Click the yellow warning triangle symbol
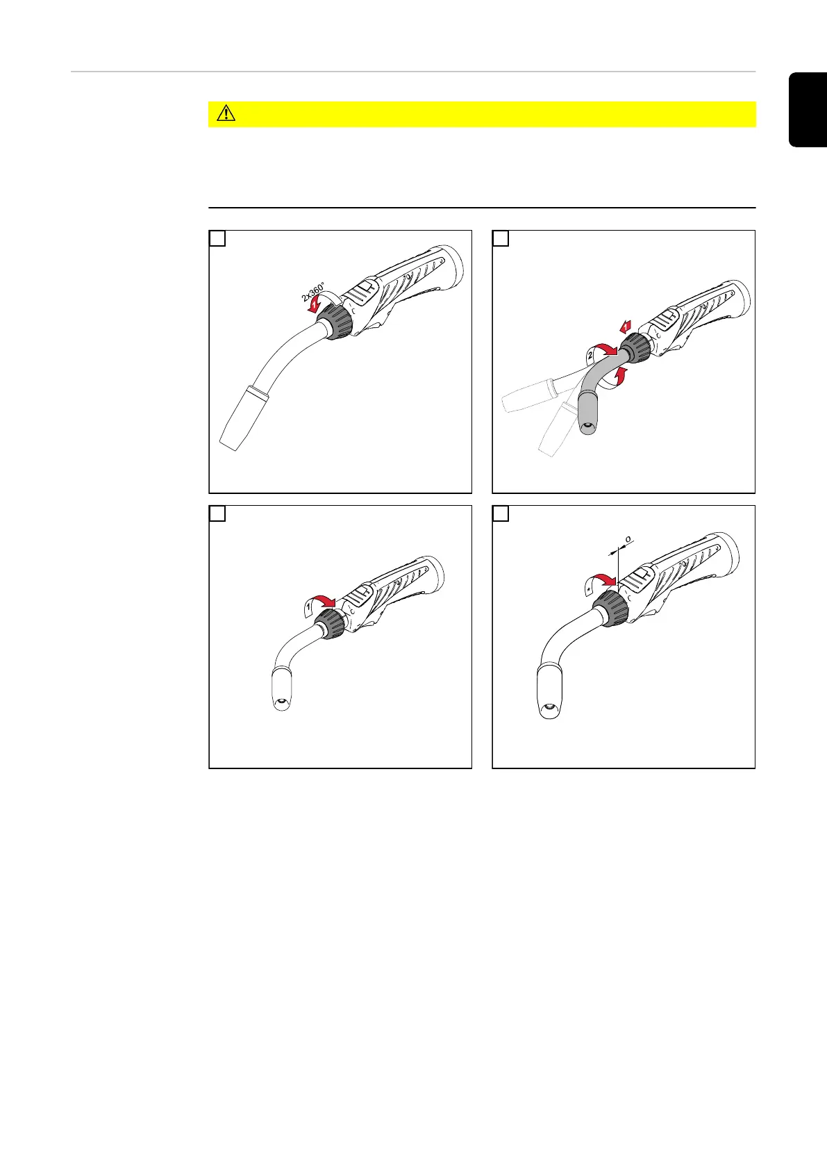226,113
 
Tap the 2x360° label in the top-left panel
312,292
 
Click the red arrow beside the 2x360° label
314,305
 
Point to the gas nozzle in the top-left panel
244,418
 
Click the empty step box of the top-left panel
217,238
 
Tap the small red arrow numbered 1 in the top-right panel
626,327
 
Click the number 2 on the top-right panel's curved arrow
590,355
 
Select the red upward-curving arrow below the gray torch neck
619,376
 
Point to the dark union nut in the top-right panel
635,348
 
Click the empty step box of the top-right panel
501,238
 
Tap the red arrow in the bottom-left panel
326,601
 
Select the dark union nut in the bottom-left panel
329,623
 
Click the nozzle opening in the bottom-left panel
282,702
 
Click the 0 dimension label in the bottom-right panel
628,539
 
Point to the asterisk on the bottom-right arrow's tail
590,588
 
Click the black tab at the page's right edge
808,110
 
